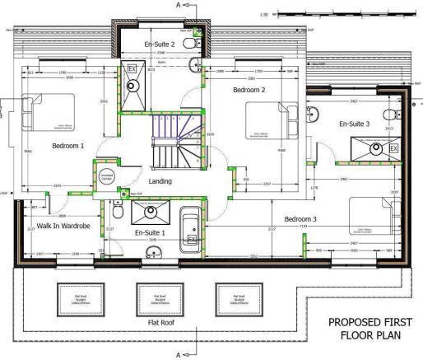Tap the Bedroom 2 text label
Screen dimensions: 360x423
coord(248,90)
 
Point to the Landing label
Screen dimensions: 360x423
coord(160,180)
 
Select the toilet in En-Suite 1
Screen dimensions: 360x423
coord(119,213)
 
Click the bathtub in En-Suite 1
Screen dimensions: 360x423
coord(190,227)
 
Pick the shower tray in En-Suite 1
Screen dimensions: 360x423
coord(151,213)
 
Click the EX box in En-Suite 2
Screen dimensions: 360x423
coord(131,70)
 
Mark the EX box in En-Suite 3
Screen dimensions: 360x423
coord(393,148)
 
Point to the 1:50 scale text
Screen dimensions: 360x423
coord(263,14)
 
